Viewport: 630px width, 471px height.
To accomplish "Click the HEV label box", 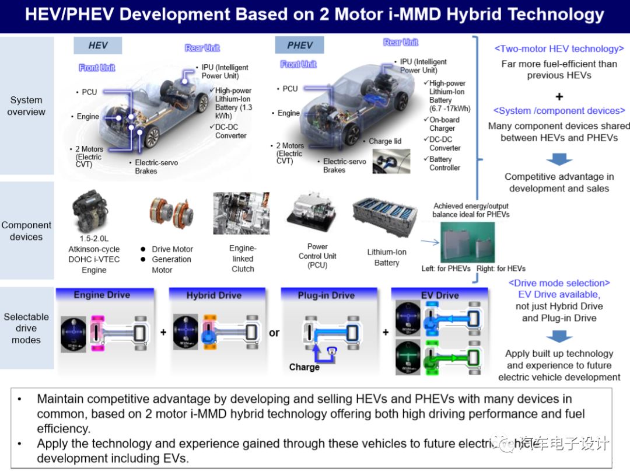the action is coord(98,46).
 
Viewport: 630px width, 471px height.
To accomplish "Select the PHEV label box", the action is coord(300,46).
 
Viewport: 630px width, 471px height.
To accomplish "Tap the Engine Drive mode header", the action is coord(102,295).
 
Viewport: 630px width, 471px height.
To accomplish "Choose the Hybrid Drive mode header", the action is coord(214,295).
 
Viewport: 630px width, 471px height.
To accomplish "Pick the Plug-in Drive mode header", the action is coord(326,295).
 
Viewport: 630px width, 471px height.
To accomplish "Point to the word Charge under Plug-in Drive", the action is coord(304,367).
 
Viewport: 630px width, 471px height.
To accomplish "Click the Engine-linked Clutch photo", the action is coord(241,213).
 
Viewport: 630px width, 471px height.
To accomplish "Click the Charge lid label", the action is coord(385,141).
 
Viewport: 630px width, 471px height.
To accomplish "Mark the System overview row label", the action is coord(26,106).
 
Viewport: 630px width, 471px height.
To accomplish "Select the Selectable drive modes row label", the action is coord(26,328).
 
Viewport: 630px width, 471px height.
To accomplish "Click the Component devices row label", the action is coord(26,231).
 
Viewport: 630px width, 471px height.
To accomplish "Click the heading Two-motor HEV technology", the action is coord(559,49).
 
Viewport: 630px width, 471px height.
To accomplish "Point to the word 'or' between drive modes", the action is coord(274,333).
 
